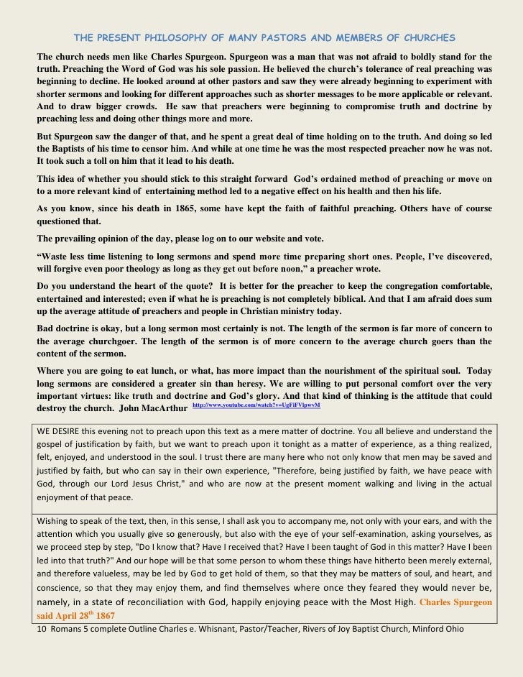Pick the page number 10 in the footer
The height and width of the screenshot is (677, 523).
pyautogui.click(x=40, y=629)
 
